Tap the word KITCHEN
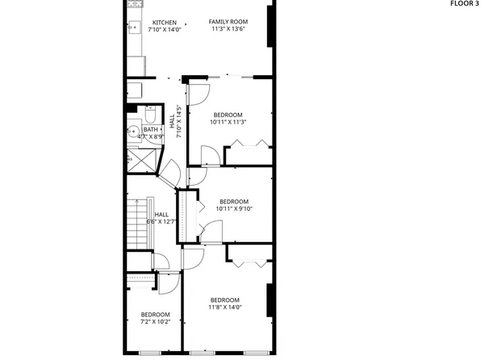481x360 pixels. pyautogui.click(x=165, y=23)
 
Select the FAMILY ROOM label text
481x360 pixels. pyautogui.click(x=228, y=22)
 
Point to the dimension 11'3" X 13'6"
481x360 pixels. pyautogui.click(x=228, y=29)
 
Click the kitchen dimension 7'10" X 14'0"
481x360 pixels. pyautogui.click(x=165, y=30)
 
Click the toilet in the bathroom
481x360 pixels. pyautogui.click(x=151, y=112)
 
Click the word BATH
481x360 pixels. pyautogui.click(x=151, y=130)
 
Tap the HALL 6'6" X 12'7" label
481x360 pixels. pyautogui.click(x=161, y=218)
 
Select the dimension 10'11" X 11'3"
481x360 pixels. pyautogui.click(x=228, y=123)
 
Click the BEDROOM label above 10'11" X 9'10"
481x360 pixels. pyautogui.click(x=233, y=202)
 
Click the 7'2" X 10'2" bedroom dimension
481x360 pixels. pyautogui.click(x=155, y=321)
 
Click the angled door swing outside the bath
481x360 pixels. pyautogui.click(x=172, y=172)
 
